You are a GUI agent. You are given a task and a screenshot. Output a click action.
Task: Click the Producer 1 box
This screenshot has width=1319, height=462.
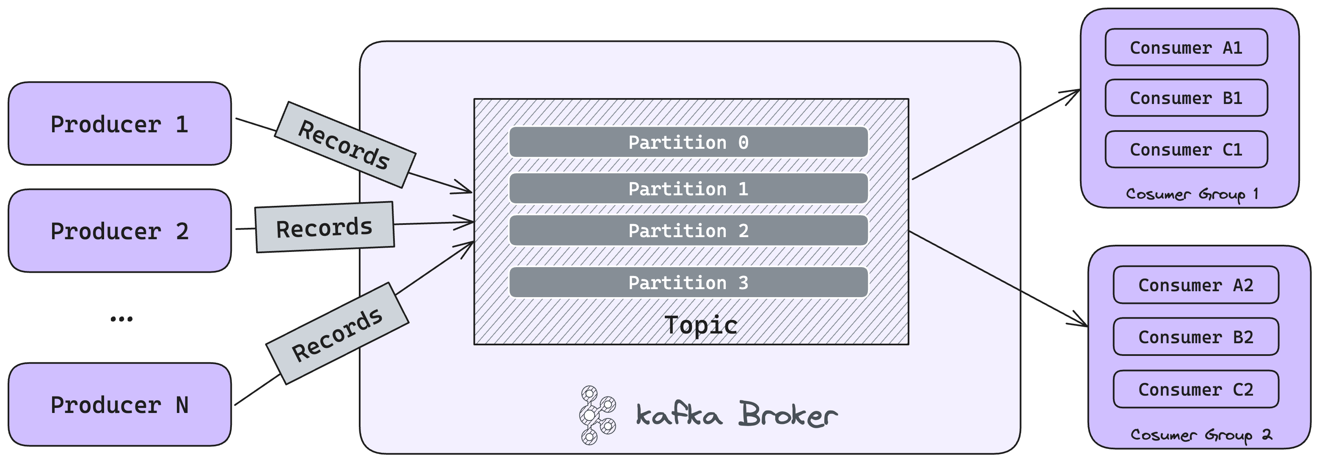119,124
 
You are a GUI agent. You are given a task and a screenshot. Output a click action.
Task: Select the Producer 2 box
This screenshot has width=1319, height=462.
119,231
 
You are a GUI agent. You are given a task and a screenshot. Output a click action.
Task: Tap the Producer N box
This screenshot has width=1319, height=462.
119,405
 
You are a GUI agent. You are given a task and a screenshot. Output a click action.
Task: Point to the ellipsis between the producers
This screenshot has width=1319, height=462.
121,319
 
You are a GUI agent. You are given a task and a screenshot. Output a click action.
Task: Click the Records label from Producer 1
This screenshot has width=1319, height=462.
344,145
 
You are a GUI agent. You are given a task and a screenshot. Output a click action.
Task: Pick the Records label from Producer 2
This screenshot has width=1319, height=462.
324,227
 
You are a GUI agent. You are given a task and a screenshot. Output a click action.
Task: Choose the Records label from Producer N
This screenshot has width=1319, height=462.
337,334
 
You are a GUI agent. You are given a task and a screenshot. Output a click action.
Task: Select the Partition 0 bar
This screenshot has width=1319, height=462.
688,142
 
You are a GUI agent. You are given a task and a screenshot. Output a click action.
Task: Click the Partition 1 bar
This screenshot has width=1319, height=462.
688,189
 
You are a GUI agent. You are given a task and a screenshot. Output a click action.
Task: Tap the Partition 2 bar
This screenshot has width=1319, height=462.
688,231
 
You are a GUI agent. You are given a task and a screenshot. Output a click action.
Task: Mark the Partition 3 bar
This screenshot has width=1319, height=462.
688,282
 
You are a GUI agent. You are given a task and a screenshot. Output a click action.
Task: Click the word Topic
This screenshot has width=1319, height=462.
700,325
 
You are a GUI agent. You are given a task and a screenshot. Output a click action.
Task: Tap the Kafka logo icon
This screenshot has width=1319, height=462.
597,415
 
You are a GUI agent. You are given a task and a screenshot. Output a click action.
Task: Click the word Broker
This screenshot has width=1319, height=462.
788,414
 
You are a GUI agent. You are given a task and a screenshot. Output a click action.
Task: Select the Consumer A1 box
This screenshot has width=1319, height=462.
1186,48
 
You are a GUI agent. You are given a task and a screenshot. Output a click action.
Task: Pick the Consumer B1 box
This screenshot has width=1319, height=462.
1186,98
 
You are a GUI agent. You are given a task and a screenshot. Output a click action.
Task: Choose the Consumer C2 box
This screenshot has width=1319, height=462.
1195,389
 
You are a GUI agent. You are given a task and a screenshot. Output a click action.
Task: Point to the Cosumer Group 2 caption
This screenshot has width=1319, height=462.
1201,435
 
